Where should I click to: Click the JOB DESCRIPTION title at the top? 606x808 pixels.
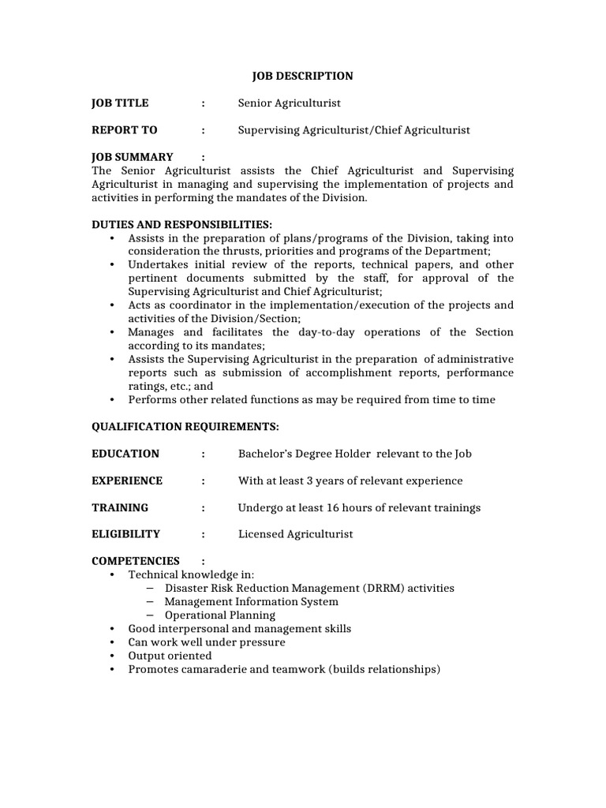tap(302, 77)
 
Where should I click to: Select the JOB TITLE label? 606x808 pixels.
tap(120, 103)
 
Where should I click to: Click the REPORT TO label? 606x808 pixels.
tap(125, 130)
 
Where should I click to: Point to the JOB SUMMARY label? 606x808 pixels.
tap(133, 157)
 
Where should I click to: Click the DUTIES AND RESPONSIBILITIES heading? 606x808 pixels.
tap(182, 225)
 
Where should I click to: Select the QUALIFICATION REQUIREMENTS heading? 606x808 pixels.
tap(185, 427)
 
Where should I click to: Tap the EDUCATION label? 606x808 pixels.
tap(125, 454)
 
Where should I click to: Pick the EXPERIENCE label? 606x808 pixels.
tap(127, 481)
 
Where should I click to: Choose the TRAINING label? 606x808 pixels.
tap(120, 507)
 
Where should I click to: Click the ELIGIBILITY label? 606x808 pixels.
tap(126, 534)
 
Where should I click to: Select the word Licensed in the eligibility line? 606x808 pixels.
tap(260, 534)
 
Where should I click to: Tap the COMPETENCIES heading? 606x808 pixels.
tap(136, 561)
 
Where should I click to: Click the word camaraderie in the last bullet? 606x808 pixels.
tap(212, 669)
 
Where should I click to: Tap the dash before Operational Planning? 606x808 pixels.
tap(150, 615)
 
